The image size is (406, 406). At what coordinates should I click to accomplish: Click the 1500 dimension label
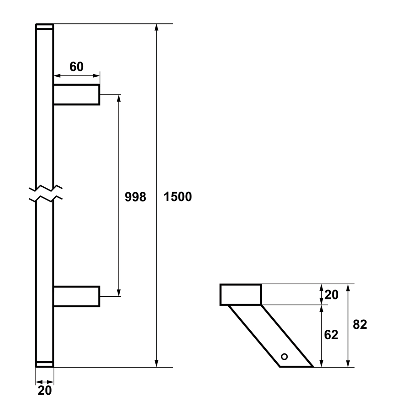[178, 197]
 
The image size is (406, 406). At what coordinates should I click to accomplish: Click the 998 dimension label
[135, 197]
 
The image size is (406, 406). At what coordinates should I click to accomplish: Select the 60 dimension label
[76, 67]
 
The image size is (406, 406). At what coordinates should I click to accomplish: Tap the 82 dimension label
[360, 325]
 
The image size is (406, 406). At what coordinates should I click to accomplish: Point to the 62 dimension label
[331, 335]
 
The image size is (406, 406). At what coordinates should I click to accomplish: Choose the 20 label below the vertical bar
[45, 391]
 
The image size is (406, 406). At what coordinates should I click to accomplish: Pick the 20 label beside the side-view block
[331, 295]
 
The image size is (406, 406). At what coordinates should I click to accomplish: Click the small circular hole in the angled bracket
[284, 356]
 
